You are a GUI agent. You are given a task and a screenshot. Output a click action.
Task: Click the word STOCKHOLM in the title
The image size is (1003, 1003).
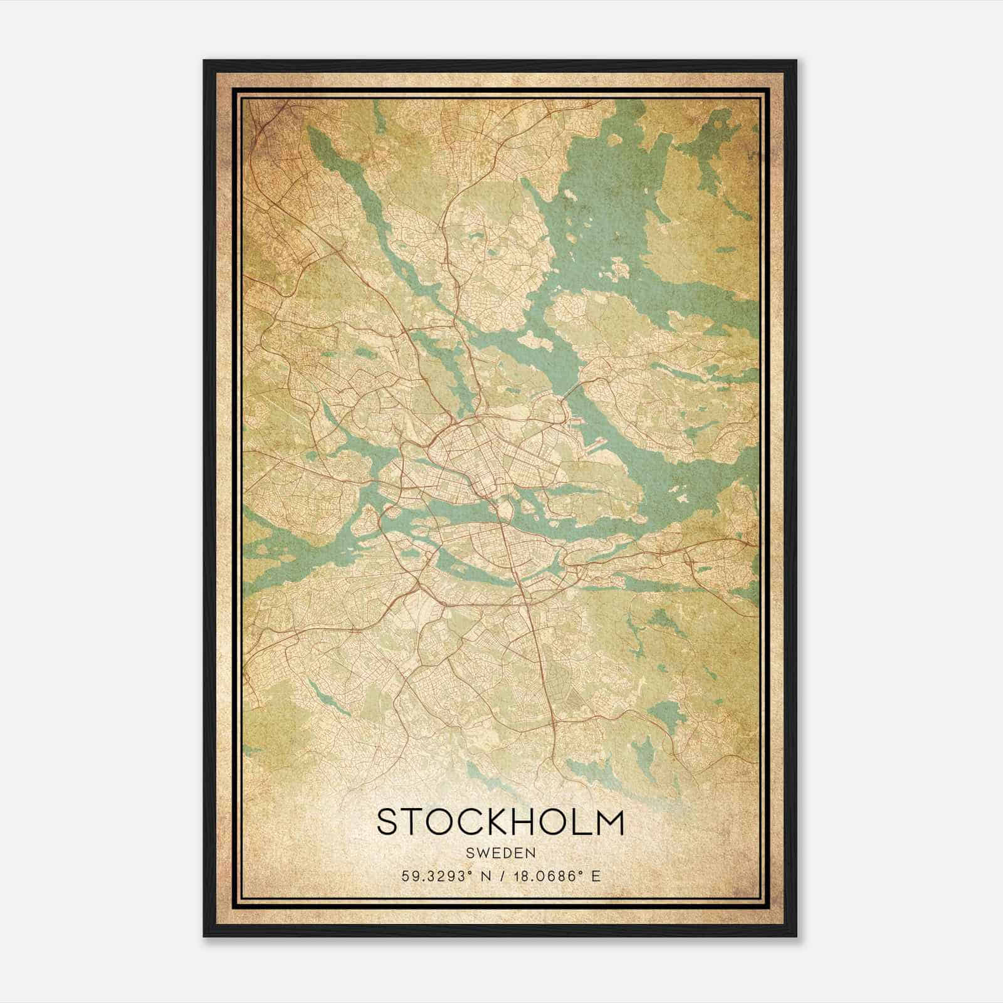tap(500, 822)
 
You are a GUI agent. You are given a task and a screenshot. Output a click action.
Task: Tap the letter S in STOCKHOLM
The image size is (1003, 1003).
tap(387, 822)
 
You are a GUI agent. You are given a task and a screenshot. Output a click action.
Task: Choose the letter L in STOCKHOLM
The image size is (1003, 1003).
tap(580, 822)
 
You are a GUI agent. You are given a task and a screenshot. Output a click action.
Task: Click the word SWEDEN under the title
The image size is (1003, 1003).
tap(500, 853)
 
